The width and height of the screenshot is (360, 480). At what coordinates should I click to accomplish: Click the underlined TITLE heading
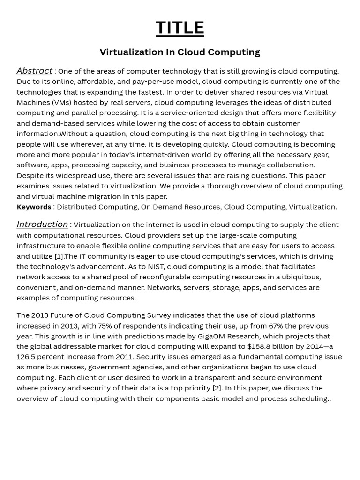[180, 28]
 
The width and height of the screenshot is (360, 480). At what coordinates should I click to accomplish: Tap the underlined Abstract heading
[34, 71]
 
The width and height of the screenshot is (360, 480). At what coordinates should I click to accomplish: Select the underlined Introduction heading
[42, 225]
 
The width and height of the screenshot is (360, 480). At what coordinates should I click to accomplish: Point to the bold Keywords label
[34, 207]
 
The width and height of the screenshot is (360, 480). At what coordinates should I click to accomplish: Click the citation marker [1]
[59, 256]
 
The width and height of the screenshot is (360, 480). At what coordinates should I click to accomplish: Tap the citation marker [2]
[217, 388]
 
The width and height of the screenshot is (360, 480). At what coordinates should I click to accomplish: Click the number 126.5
[27, 357]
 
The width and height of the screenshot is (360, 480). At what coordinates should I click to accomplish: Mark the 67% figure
[277, 326]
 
